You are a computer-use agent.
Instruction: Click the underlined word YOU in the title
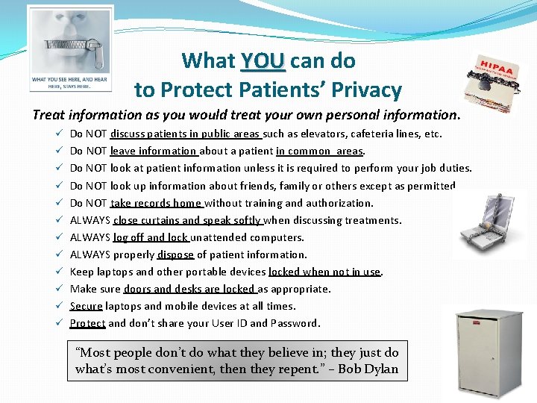coord(263,60)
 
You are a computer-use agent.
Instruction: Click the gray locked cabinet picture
coord(488,348)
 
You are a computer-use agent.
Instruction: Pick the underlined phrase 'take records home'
coord(157,203)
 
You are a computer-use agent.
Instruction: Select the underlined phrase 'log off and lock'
coord(151,237)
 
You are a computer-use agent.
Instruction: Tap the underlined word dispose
coord(175,254)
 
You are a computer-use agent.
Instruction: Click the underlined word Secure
coord(86,306)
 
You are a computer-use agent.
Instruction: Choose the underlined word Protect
coord(87,323)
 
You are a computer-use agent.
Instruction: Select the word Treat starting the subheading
coord(48,115)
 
